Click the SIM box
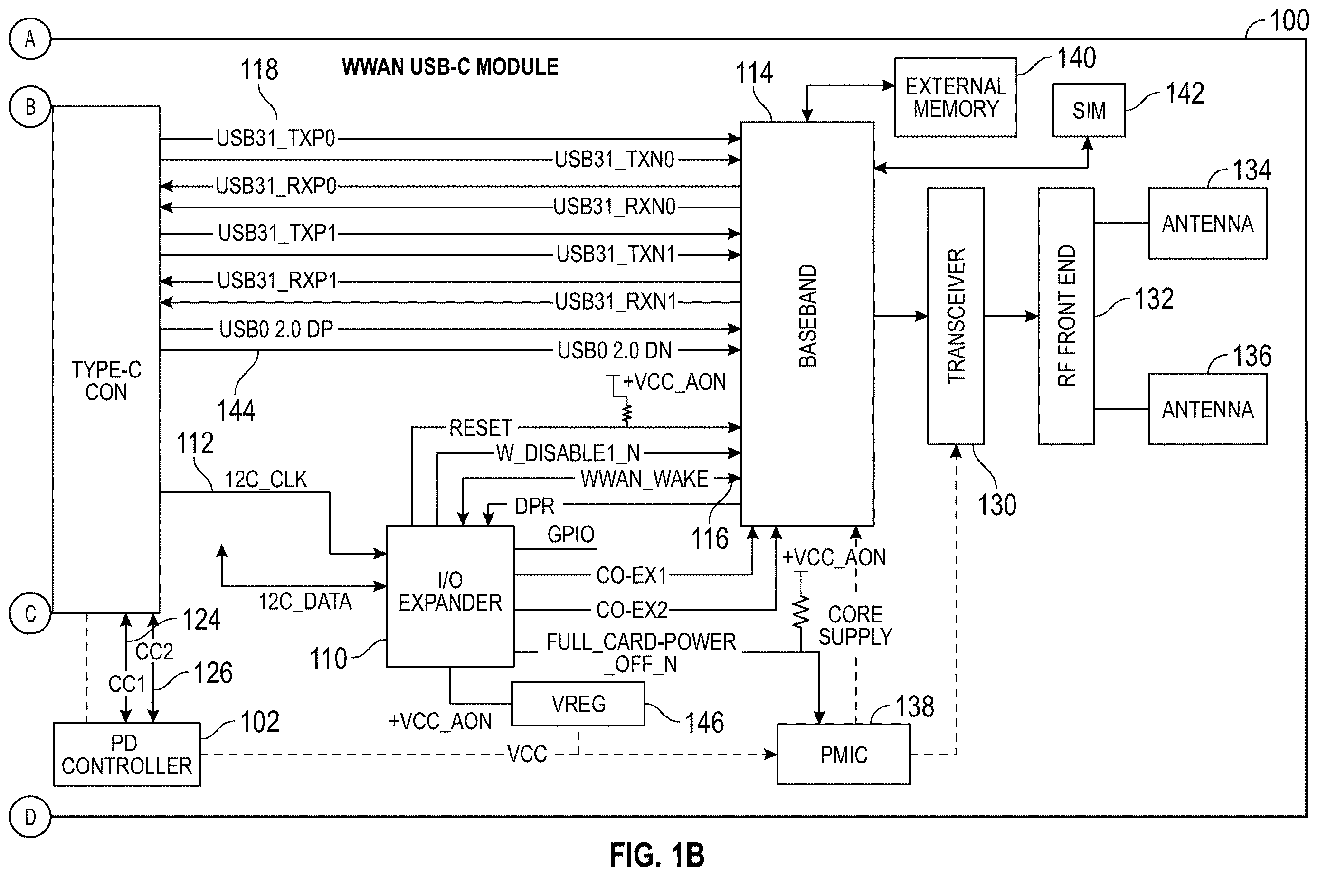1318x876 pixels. click(1089, 110)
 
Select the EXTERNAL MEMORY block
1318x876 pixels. click(956, 97)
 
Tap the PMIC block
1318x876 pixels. click(843, 754)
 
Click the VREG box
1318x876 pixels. click(578, 704)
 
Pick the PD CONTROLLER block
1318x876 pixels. click(127, 754)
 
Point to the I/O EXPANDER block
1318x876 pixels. click(450, 596)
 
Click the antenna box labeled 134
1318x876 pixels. click(1207, 224)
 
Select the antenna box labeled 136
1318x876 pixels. click(1207, 409)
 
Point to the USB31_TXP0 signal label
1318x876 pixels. click(275, 138)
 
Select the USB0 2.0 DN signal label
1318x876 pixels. click(615, 350)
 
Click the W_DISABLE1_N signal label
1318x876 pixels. click(568, 453)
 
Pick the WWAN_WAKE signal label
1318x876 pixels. click(644, 479)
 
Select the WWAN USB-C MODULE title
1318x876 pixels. click(450, 66)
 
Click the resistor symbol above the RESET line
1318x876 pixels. click(627, 413)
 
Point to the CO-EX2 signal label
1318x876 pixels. click(632, 610)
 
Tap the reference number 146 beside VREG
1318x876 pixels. click(704, 722)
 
